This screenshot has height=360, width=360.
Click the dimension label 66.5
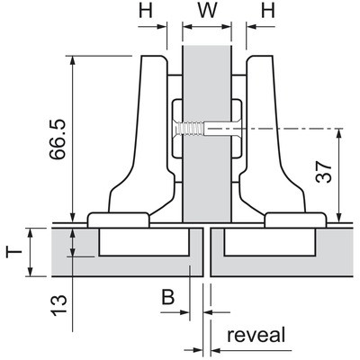tap(58, 139)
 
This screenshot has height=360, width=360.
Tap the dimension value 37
tap(324, 172)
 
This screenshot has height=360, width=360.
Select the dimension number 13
tap(58, 305)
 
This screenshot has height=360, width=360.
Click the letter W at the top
tap(207, 11)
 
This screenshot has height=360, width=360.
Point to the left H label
tap(146, 11)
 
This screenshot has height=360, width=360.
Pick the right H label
tap(268, 11)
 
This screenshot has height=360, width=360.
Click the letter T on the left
tap(14, 252)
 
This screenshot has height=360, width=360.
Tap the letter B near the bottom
tap(168, 297)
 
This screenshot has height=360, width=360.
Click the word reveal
tap(256, 335)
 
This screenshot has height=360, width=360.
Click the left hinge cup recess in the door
tap(144, 242)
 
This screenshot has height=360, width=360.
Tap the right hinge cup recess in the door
tap(269, 242)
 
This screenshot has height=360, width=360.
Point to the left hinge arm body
tap(141, 135)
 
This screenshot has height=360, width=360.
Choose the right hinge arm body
tap(273, 135)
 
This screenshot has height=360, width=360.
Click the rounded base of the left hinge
tap(119, 220)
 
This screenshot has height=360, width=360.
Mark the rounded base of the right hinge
tap(295, 220)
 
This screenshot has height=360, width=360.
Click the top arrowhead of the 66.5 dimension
tap(72, 60)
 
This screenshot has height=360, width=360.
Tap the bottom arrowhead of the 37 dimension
tap(339, 217)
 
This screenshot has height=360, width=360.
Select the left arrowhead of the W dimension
tap(187, 27)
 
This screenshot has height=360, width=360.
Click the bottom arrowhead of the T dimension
tap(30, 271)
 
